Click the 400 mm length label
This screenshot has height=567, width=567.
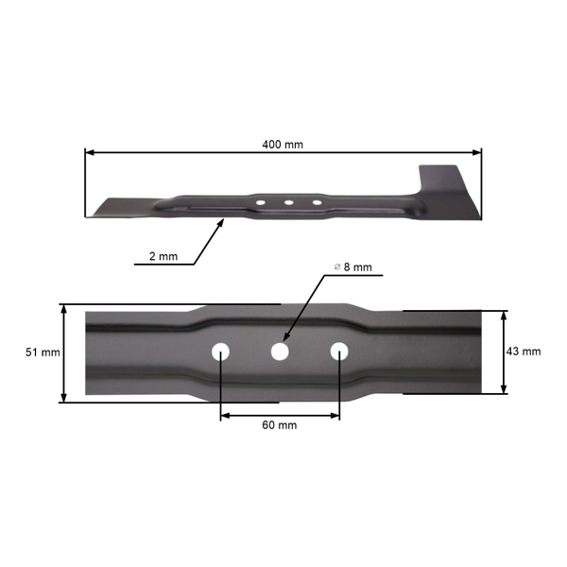pos(283,145)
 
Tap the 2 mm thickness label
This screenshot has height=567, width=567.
pos(163,256)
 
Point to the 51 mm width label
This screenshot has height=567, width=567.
pos(43,352)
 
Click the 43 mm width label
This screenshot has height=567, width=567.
pos(524,351)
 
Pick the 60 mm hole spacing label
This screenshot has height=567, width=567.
pos(279,425)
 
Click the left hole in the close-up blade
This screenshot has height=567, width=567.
pos(220,352)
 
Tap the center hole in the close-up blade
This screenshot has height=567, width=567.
pos(280,352)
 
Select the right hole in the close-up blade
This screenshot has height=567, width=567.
pos(339,352)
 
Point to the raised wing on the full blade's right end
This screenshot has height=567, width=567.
pos(444,179)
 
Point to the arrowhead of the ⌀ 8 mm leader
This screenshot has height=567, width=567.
pos(286,340)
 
